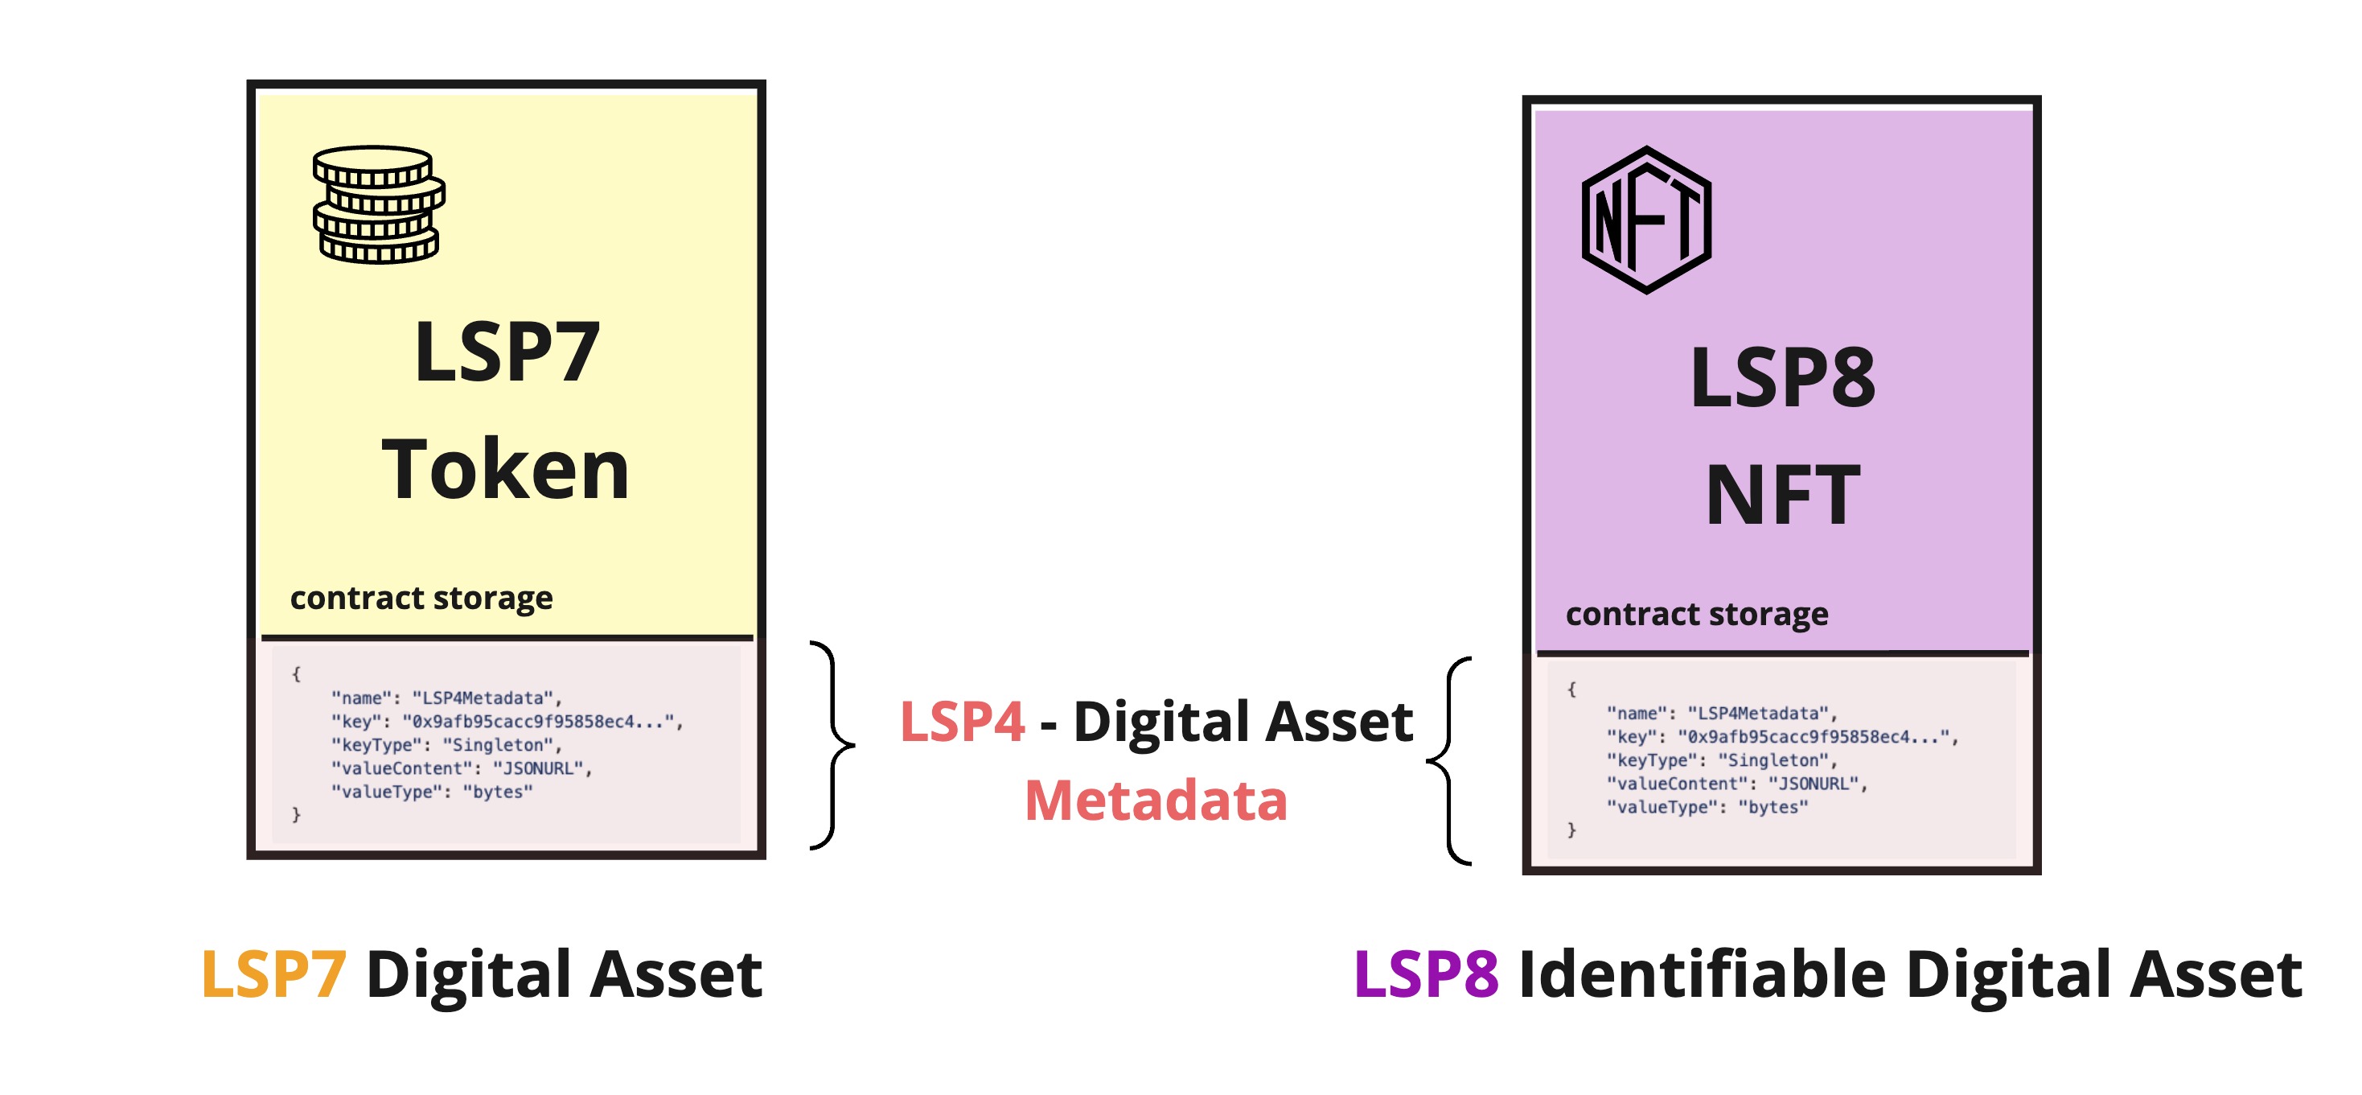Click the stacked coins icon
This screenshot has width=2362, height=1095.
[x=379, y=204]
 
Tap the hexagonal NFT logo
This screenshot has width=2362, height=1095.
[x=1646, y=220]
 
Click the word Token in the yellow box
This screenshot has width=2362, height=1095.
[x=505, y=470]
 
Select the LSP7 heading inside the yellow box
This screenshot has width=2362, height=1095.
[x=507, y=352]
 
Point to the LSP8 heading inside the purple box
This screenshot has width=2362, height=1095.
[x=1782, y=378]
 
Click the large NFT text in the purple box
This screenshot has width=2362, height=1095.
[x=1782, y=496]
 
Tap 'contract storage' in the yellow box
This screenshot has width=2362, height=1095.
[x=421, y=598]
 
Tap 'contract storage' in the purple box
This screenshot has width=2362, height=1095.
[x=1696, y=614]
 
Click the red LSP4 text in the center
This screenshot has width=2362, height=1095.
[x=962, y=722]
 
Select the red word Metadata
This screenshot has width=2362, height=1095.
[x=1156, y=801]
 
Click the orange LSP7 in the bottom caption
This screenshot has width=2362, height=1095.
[x=273, y=974]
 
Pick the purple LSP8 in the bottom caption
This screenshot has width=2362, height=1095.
[x=1426, y=974]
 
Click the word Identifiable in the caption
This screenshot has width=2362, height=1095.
[x=1702, y=974]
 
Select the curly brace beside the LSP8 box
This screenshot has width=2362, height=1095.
[x=1450, y=761]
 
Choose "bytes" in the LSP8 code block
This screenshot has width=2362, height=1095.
[x=1773, y=808]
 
